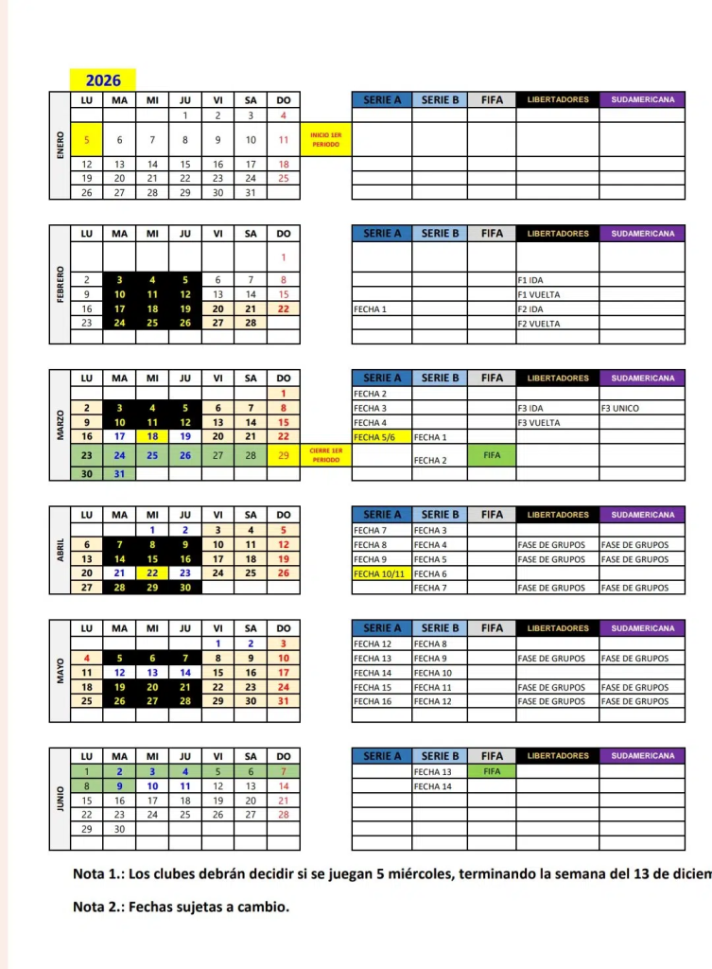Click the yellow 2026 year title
click(103, 80)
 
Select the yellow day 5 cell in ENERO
click(86, 140)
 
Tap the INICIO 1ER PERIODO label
click(325, 140)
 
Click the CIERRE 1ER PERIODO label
click(325, 455)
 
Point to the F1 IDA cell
click(557, 280)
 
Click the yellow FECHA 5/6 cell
click(381, 437)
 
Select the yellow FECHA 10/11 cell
click(381, 573)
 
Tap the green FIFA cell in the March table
click(492, 455)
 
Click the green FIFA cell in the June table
click(492, 771)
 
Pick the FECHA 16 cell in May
click(381, 701)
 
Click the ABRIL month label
click(61, 552)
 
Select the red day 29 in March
click(284, 455)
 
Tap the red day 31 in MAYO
click(284, 701)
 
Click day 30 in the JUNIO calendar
click(119, 828)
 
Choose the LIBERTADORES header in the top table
click(557, 99)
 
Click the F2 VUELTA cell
click(557, 324)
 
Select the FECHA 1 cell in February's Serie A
click(381, 308)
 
